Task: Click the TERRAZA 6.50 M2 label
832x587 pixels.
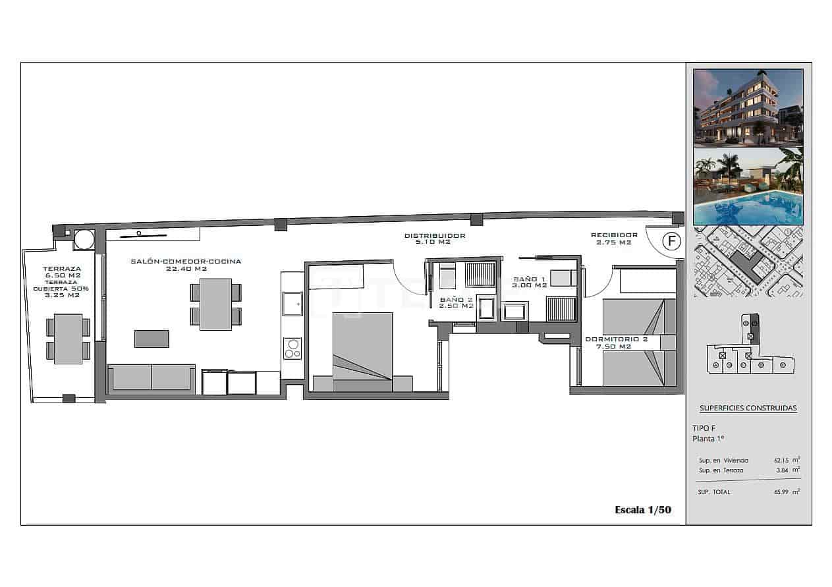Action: coord(62,272)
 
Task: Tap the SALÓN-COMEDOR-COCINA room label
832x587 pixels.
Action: coord(176,265)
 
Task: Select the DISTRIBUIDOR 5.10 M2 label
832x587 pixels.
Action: coord(435,238)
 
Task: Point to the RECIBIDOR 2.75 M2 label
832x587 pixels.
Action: coord(614,238)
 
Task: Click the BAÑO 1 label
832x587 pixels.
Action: coord(531,282)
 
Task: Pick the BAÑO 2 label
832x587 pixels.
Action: coord(457,302)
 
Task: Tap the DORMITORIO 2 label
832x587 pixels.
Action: coord(617,343)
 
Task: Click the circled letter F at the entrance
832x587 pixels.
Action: coord(671,241)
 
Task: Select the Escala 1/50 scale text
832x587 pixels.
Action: coord(642,509)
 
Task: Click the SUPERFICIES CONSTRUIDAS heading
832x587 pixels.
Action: coord(748,408)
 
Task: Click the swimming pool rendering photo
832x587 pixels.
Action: coord(748,186)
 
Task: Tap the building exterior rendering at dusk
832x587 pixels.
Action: coord(748,107)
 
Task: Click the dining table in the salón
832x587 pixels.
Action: coord(215,304)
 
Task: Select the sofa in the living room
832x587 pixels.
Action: coord(152,378)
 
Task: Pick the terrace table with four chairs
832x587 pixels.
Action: coord(68,339)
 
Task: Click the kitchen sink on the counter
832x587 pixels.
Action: coord(292,304)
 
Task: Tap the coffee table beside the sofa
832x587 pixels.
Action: coord(152,339)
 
